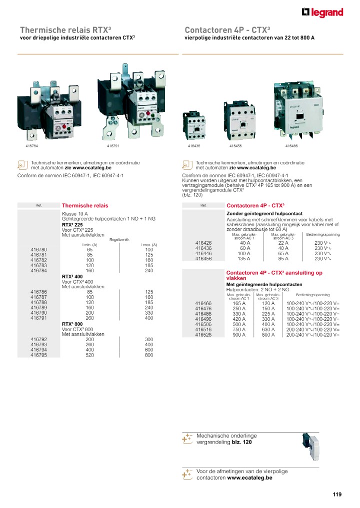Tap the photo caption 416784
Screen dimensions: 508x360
click(x=32, y=146)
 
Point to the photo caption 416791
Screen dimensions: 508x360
click(x=113, y=146)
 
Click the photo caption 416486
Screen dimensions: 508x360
click(x=291, y=146)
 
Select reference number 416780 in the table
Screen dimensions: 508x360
click(x=38, y=249)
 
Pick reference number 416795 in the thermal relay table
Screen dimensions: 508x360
click(x=38, y=355)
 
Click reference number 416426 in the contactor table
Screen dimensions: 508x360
click(x=203, y=243)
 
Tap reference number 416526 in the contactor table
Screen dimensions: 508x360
click(x=203, y=335)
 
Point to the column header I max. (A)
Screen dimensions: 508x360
click(x=148, y=244)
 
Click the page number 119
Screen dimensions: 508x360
click(x=336, y=495)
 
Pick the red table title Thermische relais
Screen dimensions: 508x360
click(x=84, y=205)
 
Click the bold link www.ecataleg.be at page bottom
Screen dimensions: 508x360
click(x=249, y=478)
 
